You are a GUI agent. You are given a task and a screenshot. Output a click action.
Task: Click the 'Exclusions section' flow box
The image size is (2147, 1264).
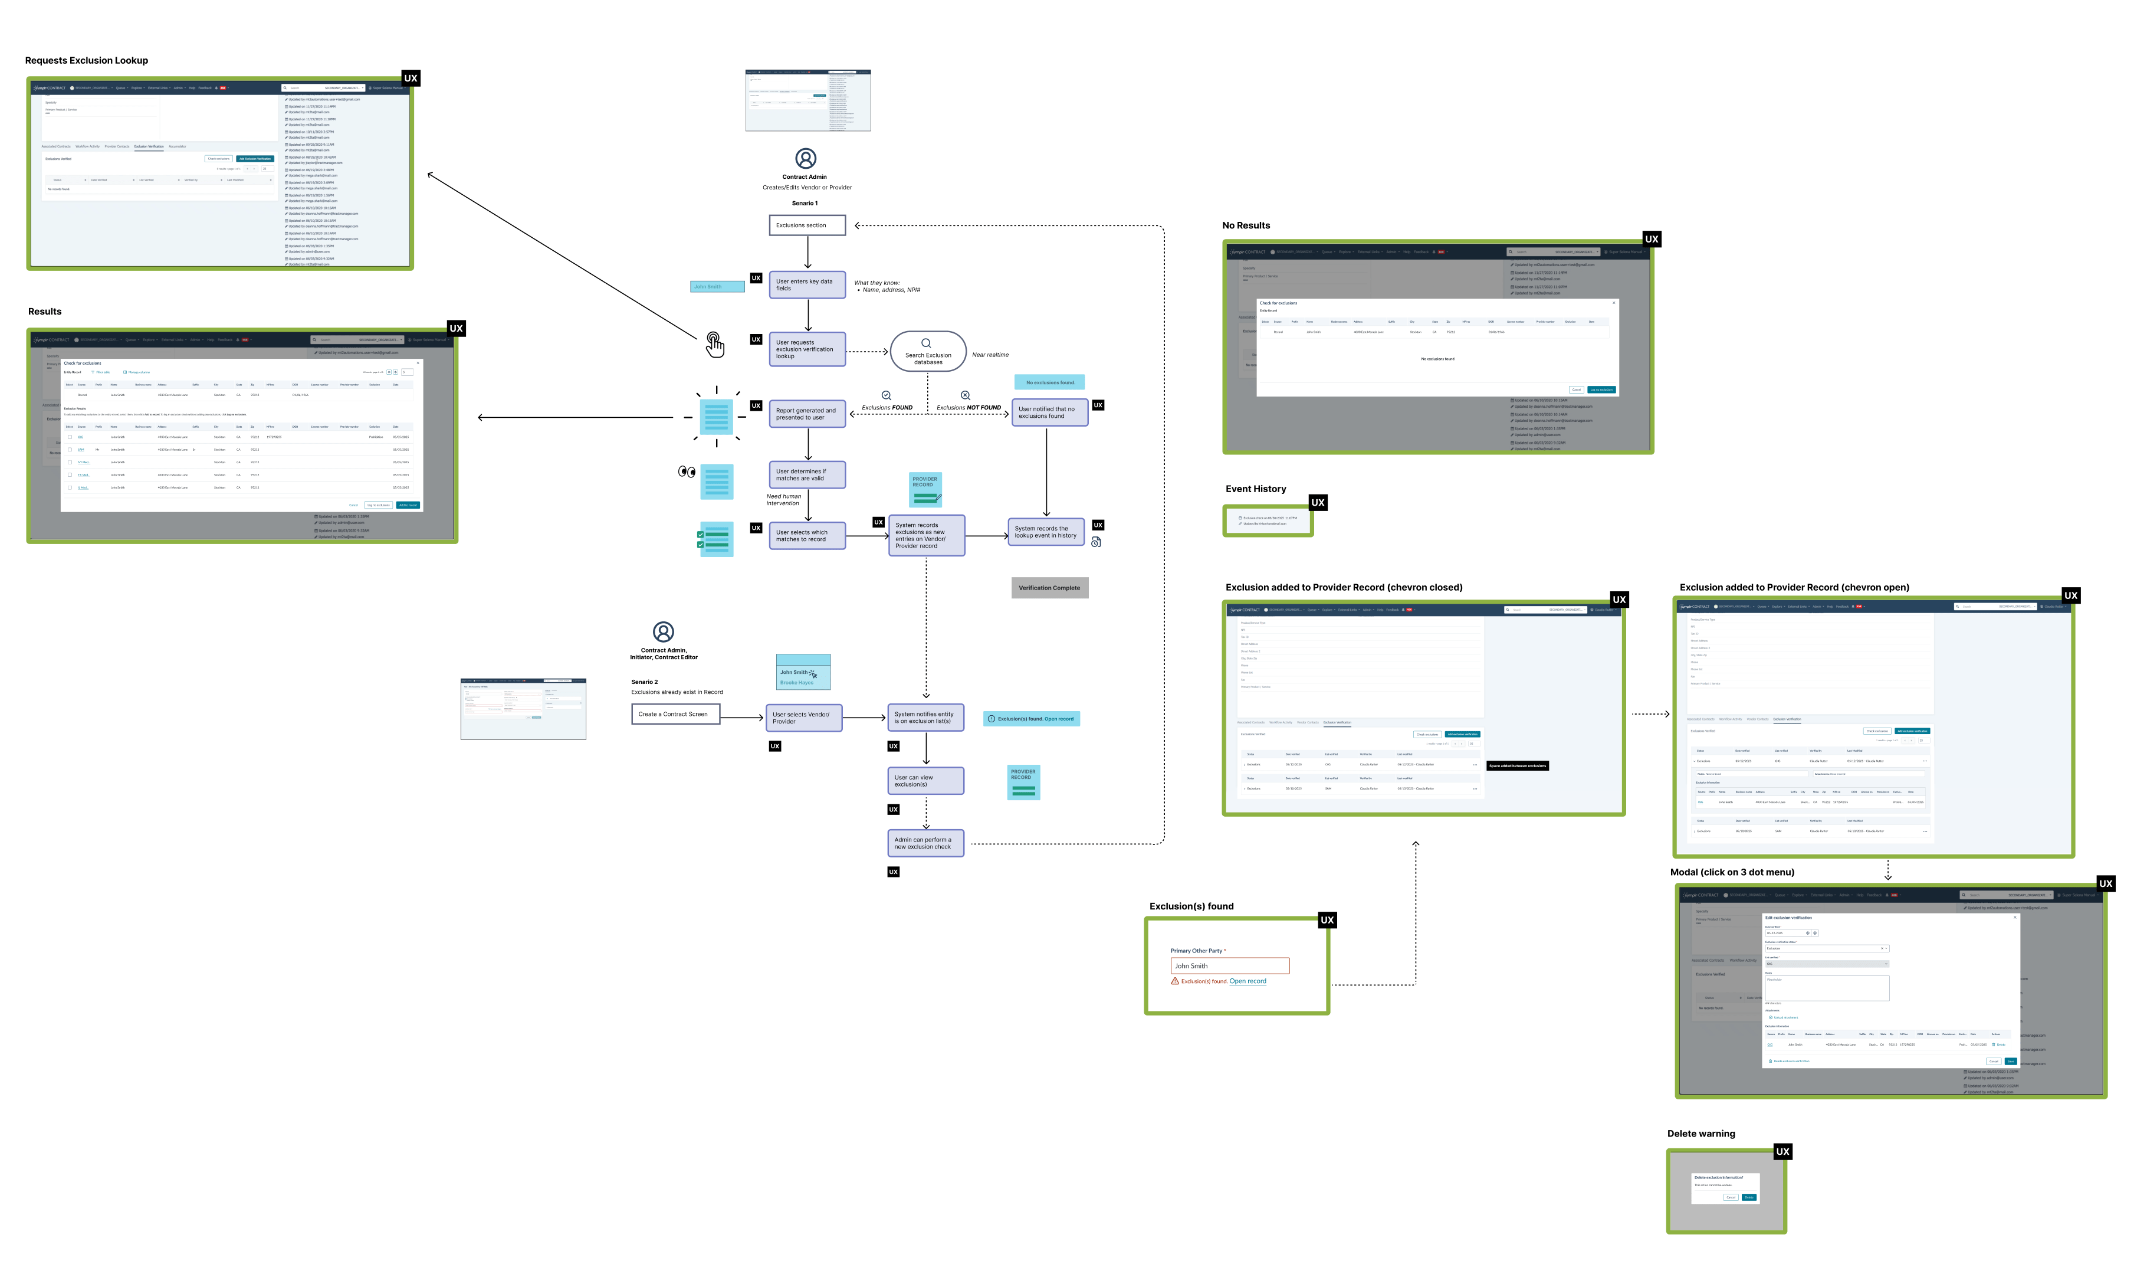click(x=807, y=225)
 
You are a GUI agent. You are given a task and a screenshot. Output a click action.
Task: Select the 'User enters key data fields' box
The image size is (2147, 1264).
click(x=807, y=284)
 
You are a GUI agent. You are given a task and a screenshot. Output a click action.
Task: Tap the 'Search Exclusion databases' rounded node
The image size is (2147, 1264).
click(x=928, y=351)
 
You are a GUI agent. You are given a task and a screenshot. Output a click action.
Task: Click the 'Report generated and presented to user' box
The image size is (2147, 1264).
click(x=807, y=414)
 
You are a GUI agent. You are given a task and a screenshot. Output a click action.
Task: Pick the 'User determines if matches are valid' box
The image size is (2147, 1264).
click(x=807, y=475)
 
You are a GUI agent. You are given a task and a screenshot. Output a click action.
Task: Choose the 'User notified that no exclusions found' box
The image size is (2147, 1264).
click(x=1050, y=412)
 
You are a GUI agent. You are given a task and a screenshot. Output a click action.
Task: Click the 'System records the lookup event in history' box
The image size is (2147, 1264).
click(x=1046, y=532)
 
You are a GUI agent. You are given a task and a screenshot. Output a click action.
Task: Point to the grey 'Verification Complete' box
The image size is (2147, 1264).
click(x=1050, y=588)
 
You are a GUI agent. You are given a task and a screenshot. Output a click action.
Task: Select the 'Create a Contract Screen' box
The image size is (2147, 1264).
click(x=675, y=714)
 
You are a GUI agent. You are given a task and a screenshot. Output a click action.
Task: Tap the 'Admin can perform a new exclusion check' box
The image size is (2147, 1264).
click(x=925, y=843)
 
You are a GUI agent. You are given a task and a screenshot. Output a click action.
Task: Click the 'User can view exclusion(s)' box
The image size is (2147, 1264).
click(x=925, y=781)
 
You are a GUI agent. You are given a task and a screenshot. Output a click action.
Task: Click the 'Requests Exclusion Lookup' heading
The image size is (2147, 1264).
click(x=87, y=61)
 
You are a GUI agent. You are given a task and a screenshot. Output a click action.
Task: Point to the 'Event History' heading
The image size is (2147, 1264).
click(x=1256, y=489)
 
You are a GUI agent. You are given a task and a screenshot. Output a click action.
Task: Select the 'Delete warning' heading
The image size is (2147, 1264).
click(x=1700, y=1134)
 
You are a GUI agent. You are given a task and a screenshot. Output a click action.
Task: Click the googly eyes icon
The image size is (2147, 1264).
click(x=687, y=471)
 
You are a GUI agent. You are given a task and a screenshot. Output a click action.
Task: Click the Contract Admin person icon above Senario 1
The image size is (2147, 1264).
click(x=806, y=159)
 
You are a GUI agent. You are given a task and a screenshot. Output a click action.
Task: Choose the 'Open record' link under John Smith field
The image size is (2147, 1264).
click(x=1248, y=981)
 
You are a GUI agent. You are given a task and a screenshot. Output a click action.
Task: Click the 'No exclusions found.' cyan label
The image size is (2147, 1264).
click(x=1050, y=383)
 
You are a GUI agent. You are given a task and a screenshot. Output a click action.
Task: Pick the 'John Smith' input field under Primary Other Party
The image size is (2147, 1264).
click(x=1229, y=965)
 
